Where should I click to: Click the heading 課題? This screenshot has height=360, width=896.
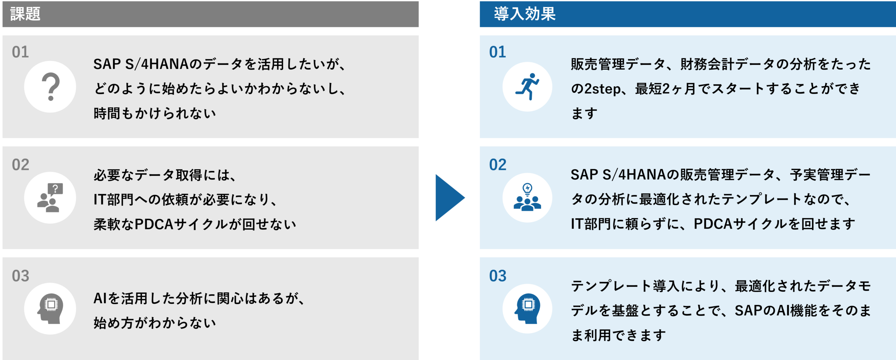[25, 14]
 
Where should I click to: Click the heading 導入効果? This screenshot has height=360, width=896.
[524, 14]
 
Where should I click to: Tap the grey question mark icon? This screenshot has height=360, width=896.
[50, 87]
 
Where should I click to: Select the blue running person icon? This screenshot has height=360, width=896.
[527, 87]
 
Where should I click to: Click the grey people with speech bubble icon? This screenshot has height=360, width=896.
[50, 198]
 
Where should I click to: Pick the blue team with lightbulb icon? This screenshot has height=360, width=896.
[527, 198]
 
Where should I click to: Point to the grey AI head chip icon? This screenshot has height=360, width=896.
[50, 309]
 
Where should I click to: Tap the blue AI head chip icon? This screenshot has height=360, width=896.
[527, 309]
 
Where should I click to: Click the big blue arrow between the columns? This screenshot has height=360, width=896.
[449, 198]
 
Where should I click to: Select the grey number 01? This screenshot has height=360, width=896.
[20, 52]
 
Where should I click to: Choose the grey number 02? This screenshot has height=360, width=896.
[20, 165]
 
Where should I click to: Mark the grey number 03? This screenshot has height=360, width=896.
[20, 276]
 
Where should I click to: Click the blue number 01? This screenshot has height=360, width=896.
[497, 52]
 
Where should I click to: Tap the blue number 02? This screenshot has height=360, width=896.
[497, 165]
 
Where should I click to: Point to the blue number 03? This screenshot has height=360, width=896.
[497, 276]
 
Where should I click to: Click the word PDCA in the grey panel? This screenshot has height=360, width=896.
[154, 224]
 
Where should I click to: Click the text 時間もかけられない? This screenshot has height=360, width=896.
[154, 113]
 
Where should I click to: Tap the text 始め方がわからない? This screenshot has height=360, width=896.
[154, 323]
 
